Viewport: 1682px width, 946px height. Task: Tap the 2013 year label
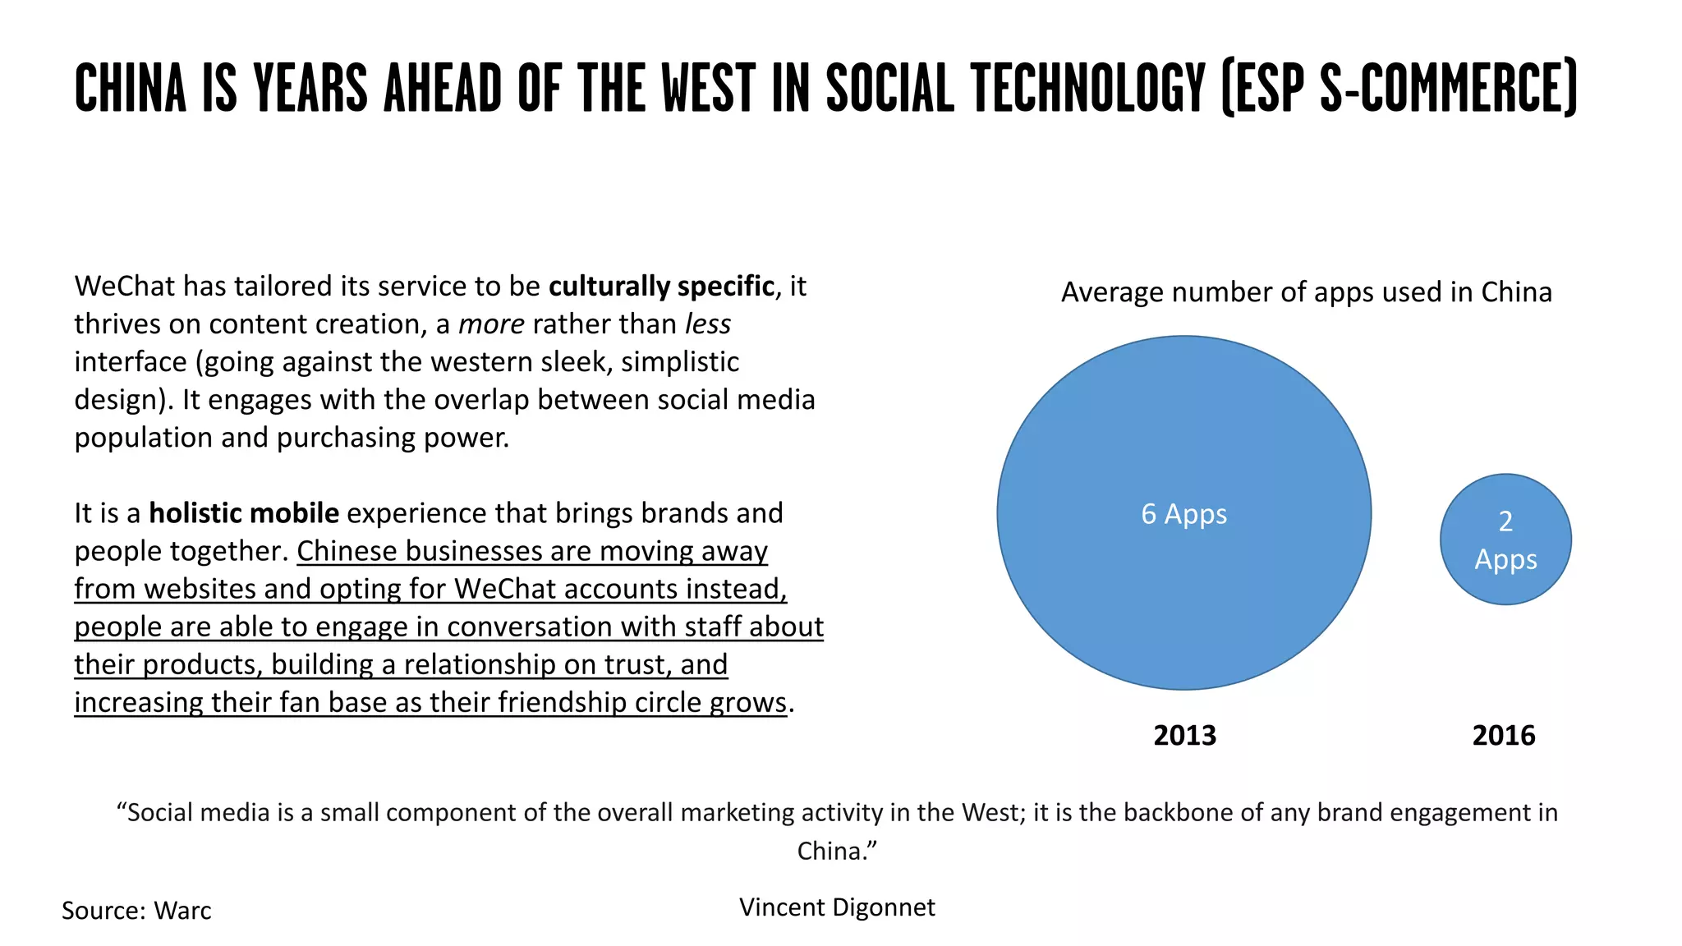click(1184, 735)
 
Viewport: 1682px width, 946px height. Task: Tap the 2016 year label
click(1503, 735)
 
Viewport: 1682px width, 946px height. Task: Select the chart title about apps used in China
click(1306, 292)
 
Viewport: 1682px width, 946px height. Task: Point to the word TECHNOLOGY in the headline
click(1087, 88)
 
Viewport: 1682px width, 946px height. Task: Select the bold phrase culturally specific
click(661, 287)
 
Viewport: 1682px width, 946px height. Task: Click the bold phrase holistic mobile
click(244, 513)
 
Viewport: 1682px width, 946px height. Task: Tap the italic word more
click(491, 324)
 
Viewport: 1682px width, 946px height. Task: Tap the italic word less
click(708, 324)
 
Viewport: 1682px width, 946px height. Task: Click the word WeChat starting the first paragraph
click(125, 287)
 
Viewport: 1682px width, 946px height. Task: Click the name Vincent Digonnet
click(837, 907)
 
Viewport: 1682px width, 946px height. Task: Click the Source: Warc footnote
click(136, 911)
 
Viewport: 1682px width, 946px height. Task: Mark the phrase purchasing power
click(392, 438)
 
